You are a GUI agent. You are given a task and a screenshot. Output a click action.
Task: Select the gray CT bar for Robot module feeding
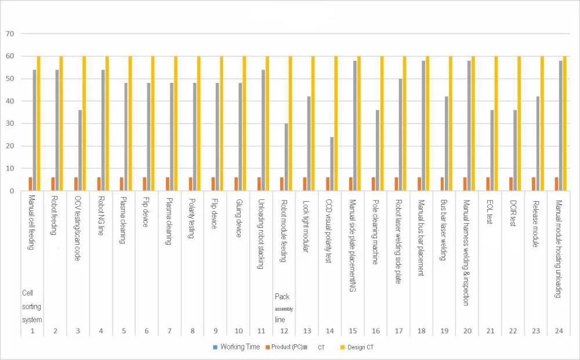point(286,157)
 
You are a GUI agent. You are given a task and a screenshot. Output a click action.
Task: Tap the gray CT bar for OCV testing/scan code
point(80,151)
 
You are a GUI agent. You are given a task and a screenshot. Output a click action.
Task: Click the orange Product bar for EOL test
point(488,184)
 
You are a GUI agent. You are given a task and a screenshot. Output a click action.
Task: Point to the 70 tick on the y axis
point(10,34)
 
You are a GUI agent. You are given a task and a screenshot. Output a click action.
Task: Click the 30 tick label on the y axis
point(10,123)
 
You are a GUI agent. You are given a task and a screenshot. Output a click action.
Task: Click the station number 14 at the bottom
point(329,330)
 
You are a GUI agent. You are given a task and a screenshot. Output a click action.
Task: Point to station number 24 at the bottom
point(558,330)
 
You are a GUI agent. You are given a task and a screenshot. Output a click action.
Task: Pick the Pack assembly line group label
point(284,307)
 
